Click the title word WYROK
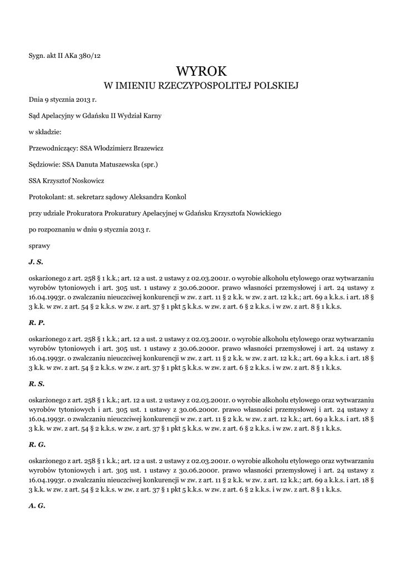pyautogui.click(x=201, y=71)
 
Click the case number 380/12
pyautogui.click(x=91, y=55)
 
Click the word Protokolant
pyautogui.click(x=47, y=196)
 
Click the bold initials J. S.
pyautogui.click(x=36, y=261)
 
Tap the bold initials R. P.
pyautogui.click(x=36, y=322)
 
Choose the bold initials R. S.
pyautogui.click(x=36, y=384)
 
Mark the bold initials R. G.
pyautogui.click(x=37, y=445)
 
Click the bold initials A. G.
pyautogui.click(x=37, y=505)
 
